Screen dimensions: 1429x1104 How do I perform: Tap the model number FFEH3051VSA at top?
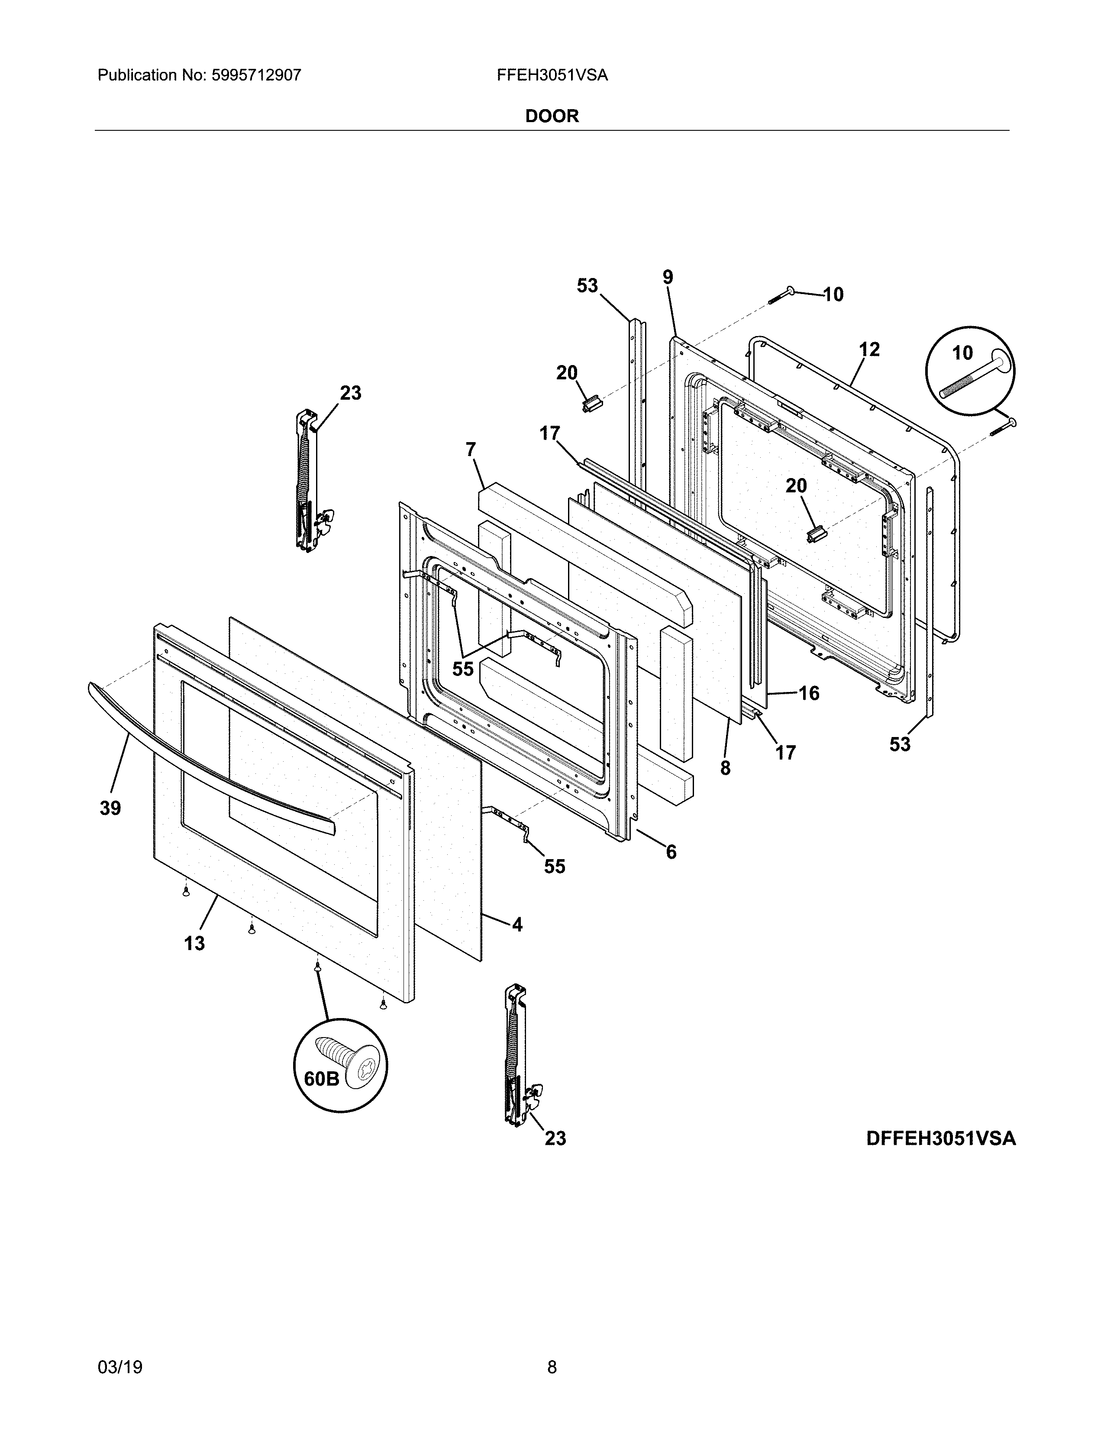pyautogui.click(x=552, y=75)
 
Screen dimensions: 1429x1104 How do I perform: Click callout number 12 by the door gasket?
pyautogui.click(x=869, y=349)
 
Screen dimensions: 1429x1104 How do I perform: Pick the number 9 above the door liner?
pyautogui.click(x=667, y=278)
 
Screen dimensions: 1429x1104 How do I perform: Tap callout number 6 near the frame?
pyautogui.click(x=671, y=852)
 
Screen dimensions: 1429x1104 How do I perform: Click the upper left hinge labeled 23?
pyautogui.click(x=307, y=481)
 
